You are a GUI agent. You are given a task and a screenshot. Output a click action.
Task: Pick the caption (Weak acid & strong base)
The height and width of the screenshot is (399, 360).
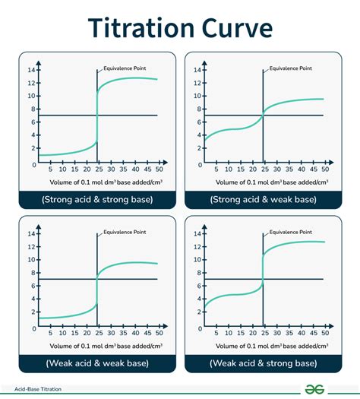pos(263,363)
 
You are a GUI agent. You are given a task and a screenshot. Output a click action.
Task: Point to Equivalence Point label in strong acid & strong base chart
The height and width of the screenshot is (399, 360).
pos(125,65)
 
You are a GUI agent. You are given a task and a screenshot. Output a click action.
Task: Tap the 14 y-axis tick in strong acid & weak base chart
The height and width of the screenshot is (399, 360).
pos(197,70)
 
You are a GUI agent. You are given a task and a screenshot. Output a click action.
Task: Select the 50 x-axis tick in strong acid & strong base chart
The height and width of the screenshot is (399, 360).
pos(158,170)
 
